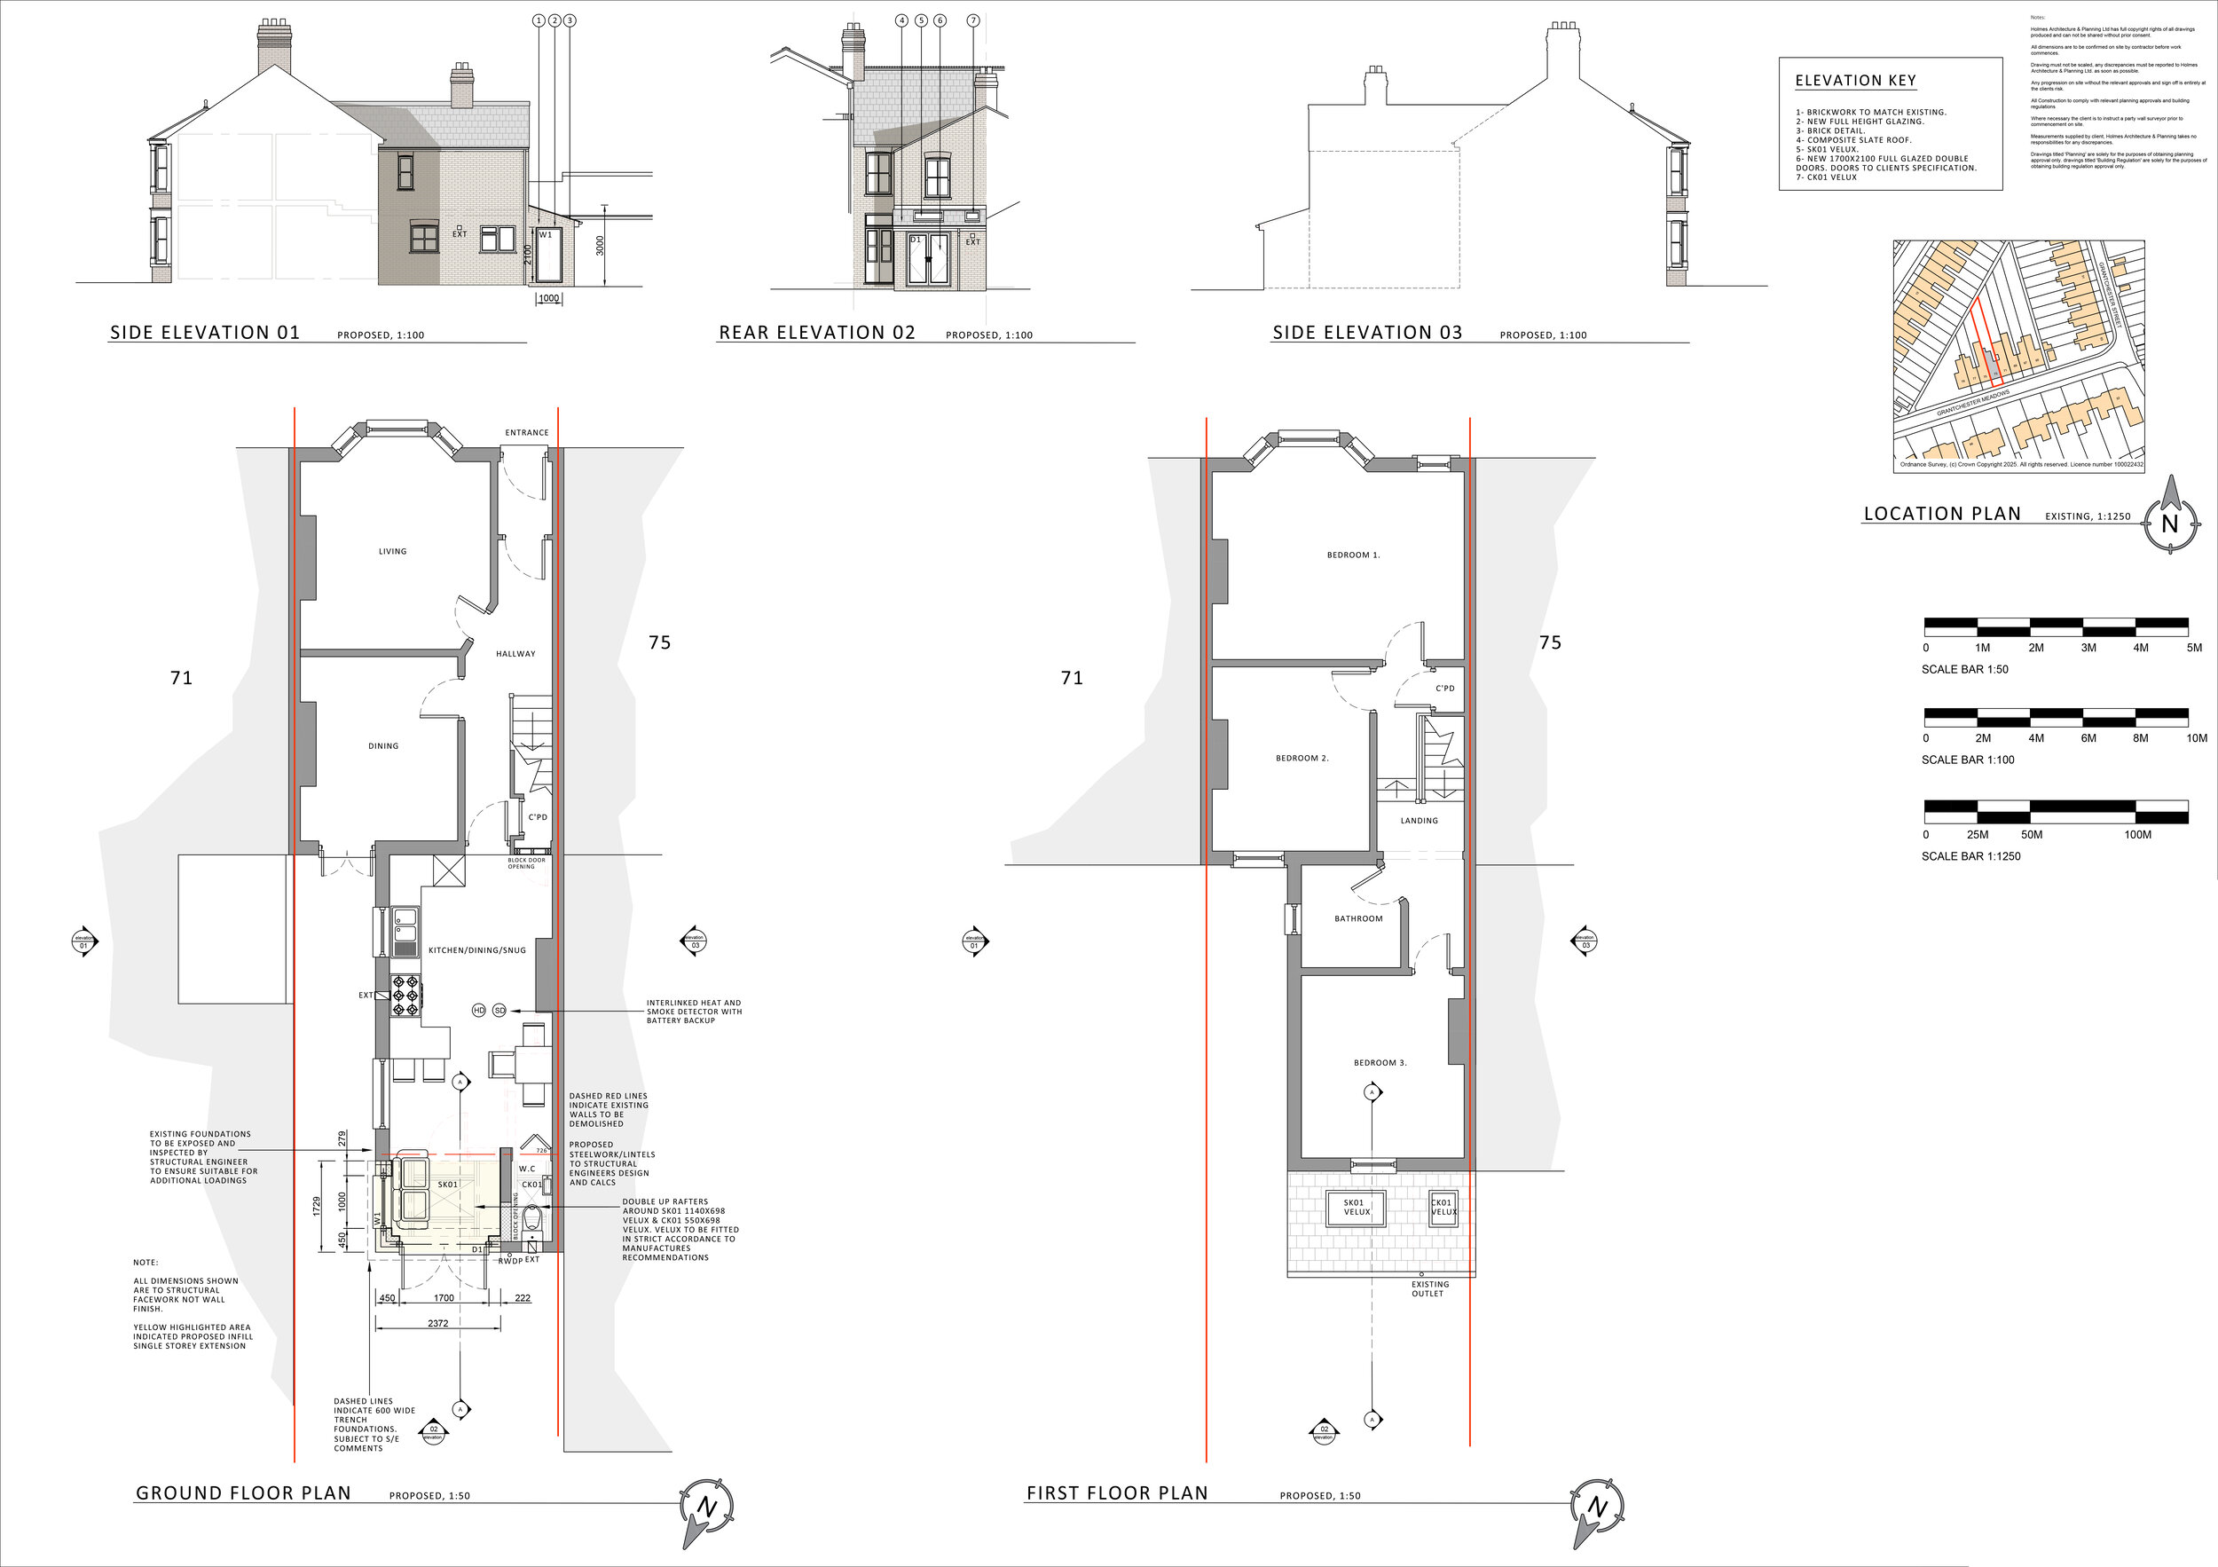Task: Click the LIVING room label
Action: tap(392, 552)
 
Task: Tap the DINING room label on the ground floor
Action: tap(383, 746)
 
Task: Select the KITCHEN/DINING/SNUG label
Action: tap(477, 950)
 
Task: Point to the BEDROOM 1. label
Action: tap(1353, 555)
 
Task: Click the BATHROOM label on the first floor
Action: tap(1358, 918)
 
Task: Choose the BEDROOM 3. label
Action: tap(1380, 1063)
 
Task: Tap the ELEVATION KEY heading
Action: tap(1855, 81)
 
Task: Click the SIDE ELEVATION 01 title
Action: tap(205, 334)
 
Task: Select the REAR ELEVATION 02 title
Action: tap(816, 334)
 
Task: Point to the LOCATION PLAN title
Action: tap(1942, 515)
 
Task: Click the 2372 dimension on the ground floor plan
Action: tap(437, 1324)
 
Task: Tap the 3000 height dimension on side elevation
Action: tap(600, 246)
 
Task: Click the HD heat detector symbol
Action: tap(478, 1011)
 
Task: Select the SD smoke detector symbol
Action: tap(499, 1011)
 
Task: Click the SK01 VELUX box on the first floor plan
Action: tap(1357, 1208)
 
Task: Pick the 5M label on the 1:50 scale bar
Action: tap(2195, 649)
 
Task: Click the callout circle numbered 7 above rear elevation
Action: tap(972, 20)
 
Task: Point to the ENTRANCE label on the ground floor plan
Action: tap(526, 433)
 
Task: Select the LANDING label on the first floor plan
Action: tap(1420, 821)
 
